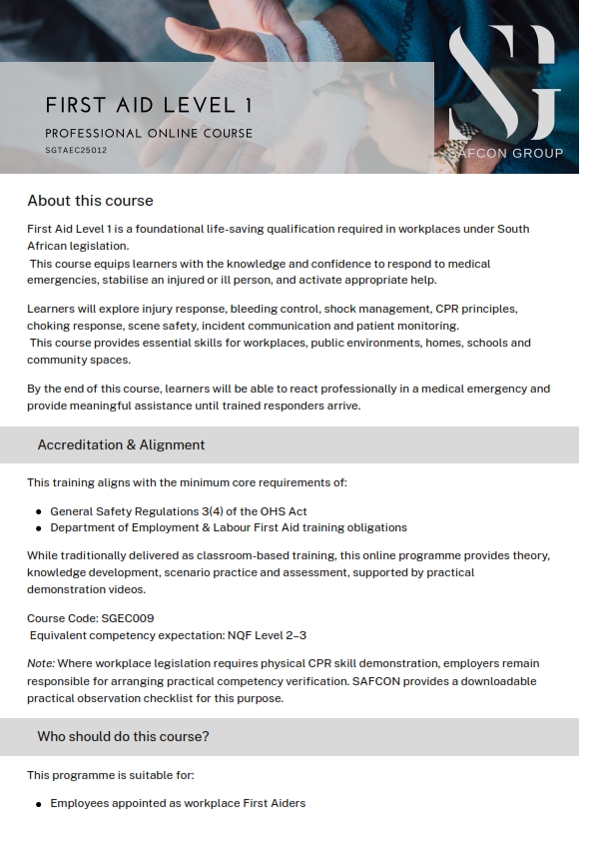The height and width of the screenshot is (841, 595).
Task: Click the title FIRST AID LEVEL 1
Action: point(149,105)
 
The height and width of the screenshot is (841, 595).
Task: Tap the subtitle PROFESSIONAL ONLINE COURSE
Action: point(149,133)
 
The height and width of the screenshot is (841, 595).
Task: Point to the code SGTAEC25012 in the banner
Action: point(76,150)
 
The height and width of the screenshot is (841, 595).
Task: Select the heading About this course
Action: point(90,201)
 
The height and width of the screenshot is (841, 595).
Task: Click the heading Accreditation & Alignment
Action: point(121,444)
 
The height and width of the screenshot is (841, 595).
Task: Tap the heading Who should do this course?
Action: point(123,736)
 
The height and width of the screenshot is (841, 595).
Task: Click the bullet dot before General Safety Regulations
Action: point(39,512)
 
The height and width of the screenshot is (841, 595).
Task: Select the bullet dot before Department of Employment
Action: point(39,528)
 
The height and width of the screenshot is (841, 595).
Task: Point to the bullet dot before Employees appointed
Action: point(39,804)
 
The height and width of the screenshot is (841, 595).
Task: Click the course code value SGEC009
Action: point(128,618)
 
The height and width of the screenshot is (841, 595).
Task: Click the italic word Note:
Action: point(41,663)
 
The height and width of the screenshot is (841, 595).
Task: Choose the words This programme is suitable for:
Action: point(110,775)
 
